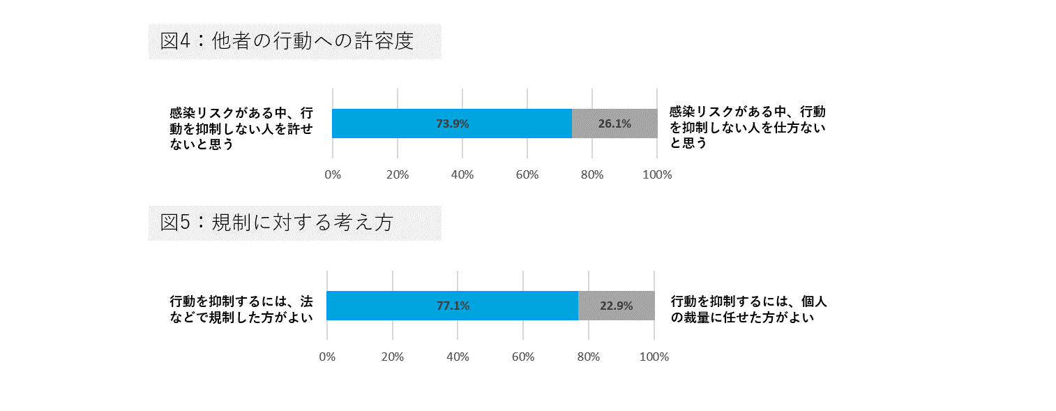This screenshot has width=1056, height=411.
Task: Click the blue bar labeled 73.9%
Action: pos(452,124)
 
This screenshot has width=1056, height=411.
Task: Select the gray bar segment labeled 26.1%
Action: pos(614,124)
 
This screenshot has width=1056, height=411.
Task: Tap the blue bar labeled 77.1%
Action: pos(452,306)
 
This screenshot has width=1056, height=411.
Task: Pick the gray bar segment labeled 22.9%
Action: pos(617,306)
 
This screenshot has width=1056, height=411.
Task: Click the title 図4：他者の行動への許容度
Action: pos(287,41)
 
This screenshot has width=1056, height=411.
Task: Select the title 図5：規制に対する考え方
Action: pos(276,223)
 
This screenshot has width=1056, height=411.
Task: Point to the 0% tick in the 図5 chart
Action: pos(327,357)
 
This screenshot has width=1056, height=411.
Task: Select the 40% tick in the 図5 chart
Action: pos(458,357)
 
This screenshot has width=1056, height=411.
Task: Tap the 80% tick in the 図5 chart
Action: pos(589,357)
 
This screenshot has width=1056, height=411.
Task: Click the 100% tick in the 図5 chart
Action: pos(654,357)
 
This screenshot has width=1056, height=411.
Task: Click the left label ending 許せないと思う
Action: pos(240,128)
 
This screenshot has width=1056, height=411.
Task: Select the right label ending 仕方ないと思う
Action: pos(747,127)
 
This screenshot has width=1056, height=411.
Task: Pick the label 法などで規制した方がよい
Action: pos(241,309)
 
